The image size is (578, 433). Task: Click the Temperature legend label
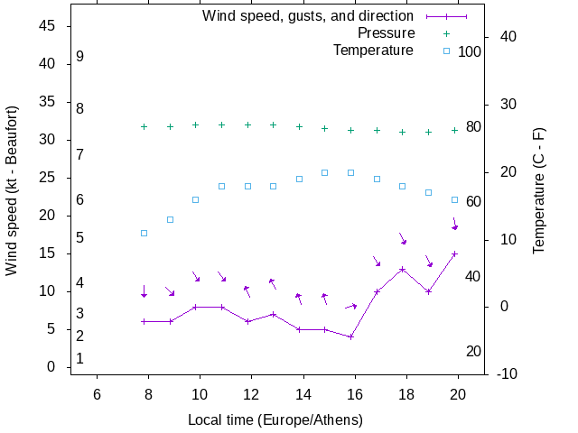373,51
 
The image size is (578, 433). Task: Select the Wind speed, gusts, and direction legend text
307,16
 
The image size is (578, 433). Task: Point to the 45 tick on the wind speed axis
49,26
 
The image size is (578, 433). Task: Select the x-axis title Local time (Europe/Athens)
275,420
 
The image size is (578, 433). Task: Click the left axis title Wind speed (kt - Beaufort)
12,197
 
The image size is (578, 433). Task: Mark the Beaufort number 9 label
80,57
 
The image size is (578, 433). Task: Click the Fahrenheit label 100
470,52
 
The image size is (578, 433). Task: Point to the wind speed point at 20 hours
454,253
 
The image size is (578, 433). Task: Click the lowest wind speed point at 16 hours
350,336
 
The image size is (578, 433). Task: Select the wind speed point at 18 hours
403,269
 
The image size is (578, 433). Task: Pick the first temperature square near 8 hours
144,234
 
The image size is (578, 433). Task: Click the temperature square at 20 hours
454,200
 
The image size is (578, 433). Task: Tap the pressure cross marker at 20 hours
454,130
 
